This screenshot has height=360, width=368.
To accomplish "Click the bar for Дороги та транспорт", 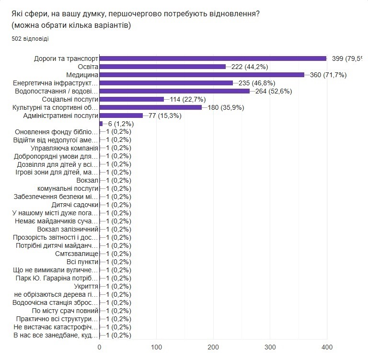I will click(213, 58).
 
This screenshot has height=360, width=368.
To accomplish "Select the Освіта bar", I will click(162, 67).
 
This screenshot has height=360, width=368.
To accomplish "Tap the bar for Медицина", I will click(202, 75).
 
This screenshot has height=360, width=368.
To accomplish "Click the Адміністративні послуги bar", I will click(121, 116).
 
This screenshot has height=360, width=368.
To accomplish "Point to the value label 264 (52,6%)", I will click(272, 91).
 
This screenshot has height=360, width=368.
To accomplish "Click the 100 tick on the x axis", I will click(157, 347).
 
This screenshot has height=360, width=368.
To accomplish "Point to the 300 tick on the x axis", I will click(270, 347).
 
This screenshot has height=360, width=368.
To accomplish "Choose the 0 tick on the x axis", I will click(100, 347).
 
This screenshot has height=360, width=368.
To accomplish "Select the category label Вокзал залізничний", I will click(70, 229).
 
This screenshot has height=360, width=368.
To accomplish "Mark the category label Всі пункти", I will click(82, 262).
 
